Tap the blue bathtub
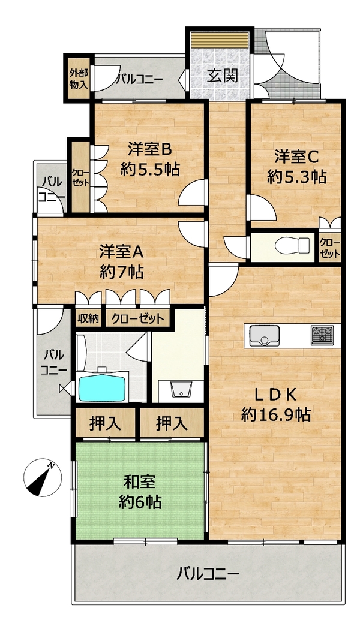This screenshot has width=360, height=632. (101, 389)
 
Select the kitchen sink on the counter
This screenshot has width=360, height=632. (264, 335)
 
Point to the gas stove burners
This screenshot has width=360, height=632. (322, 335)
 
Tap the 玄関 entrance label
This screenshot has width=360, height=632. (223, 76)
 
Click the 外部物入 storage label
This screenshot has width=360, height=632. (78, 79)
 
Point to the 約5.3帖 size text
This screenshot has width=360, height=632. (296, 177)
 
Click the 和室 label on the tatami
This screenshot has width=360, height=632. (139, 482)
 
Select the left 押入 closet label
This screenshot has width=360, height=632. (105, 423)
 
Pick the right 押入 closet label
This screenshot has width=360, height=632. (172, 423)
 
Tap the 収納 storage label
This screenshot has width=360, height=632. (88, 319)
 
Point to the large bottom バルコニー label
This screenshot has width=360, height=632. (208, 573)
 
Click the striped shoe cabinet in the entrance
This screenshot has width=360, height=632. (220, 40)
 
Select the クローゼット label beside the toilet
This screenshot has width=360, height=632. (330, 248)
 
